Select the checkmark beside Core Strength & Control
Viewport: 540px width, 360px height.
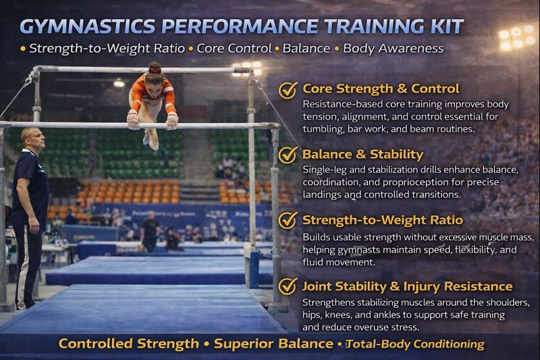tap(288, 90)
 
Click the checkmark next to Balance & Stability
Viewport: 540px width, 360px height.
tap(288, 155)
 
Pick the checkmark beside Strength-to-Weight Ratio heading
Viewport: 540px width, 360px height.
tap(288, 220)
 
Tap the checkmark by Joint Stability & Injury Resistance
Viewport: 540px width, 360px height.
tap(288, 286)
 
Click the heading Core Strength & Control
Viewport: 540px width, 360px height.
tap(381, 88)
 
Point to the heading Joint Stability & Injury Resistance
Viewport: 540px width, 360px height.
tap(407, 286)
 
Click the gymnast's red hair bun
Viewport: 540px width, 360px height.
tap(155, 68)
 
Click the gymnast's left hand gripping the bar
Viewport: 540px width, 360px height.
tap(172, 121)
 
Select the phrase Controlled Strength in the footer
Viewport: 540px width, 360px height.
tap(128, 344)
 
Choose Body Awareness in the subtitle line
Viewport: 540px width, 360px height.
tap(394, 49)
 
